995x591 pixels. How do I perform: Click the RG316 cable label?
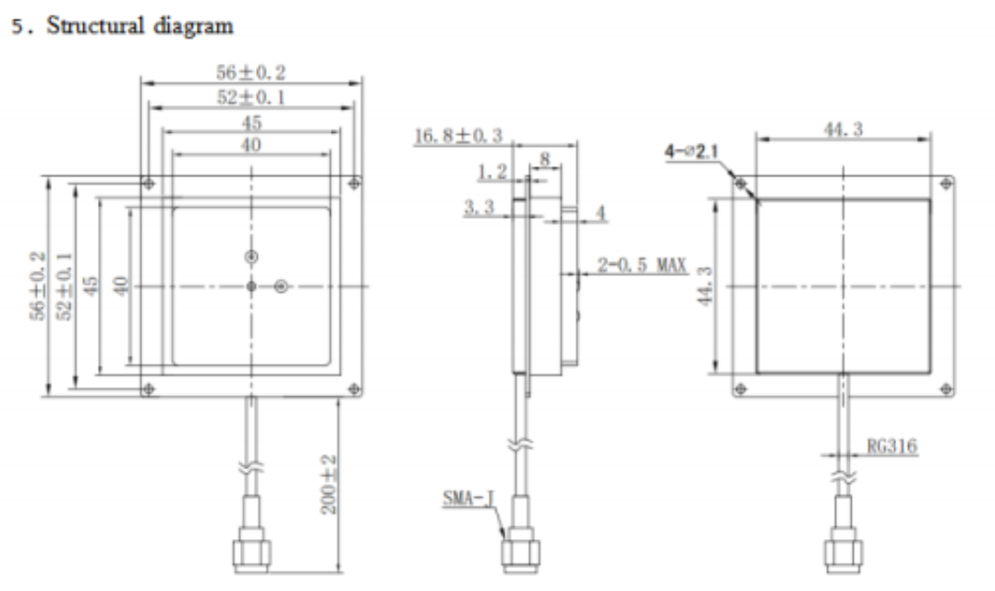pos(892,447)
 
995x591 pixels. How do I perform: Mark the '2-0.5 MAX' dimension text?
pos(641,266)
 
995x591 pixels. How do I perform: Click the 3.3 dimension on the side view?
pos(477,211)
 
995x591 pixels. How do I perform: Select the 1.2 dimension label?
pos(491,173)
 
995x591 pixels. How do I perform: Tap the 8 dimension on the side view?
pos(544,160)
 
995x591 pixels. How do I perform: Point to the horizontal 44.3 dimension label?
pos(843,130)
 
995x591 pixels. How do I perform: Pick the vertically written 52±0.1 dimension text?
pos(66,286)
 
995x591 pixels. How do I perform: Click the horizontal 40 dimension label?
pos(250,145)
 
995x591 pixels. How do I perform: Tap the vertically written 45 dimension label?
pos(90,286)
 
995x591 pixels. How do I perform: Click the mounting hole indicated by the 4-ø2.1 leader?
pos(740,184)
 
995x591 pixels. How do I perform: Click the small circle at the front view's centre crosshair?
pos(251,287)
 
